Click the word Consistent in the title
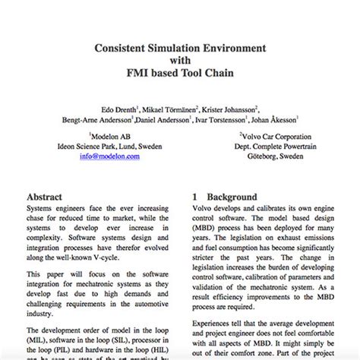pyautogui.click(x=123, y=48)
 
